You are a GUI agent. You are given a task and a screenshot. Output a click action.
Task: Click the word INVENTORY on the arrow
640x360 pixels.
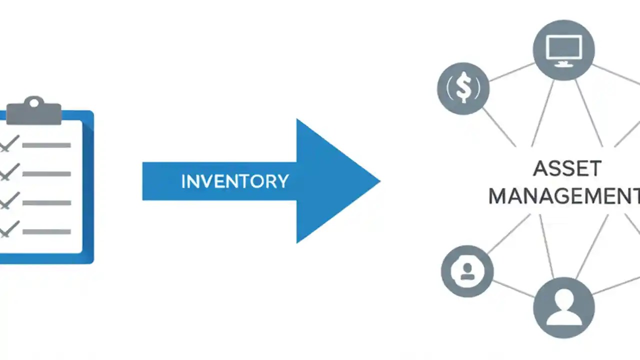point(234,181)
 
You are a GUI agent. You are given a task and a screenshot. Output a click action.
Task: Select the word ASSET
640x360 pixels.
point(567,169)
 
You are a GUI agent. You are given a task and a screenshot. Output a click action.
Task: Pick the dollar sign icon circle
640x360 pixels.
point(463,88)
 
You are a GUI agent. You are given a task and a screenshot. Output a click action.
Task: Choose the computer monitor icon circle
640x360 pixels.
point(563,50)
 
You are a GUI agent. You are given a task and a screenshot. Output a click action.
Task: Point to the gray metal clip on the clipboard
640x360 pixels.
point(34,112)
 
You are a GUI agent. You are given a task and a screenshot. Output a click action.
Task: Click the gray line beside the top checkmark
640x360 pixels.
point(46,145)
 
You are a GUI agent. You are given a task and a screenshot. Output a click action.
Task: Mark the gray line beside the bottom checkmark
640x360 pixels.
point(46,231)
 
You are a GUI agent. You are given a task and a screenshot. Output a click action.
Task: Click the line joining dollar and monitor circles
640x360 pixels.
point(511,71)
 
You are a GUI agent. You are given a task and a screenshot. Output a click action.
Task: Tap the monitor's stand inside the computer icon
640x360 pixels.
point(563,63)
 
